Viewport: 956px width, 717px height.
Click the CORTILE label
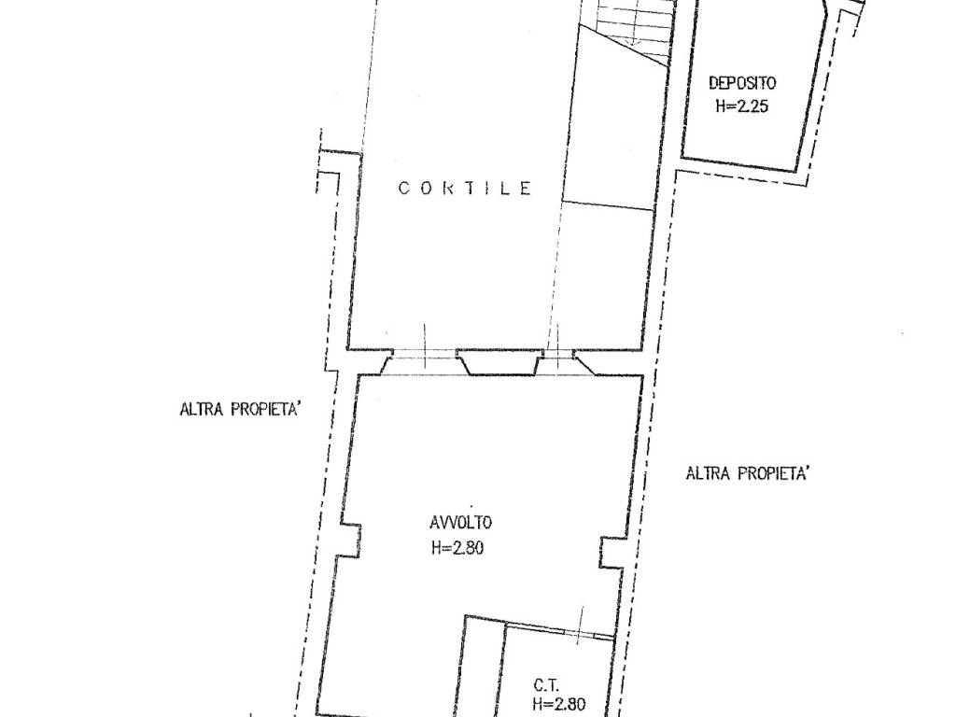click(x=465, y=188)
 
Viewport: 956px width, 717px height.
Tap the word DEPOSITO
click(x=742, y=82)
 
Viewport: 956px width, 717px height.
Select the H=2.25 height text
click(x=742, y=106)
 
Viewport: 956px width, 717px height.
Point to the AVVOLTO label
click(x=460, y=523)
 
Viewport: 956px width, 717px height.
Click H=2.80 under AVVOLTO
click(x=457, y=548)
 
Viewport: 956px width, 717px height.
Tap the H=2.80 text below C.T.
click(x=558, y=705)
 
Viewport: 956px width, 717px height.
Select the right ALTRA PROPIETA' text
click(x=748, y=473)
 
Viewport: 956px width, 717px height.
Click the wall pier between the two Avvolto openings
click(x=500, y=362)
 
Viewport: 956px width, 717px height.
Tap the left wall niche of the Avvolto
click(x=350, y=540)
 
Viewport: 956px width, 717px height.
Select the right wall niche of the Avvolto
click(x=610, y=553)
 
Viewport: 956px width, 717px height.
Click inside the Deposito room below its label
click(x=740, y=137)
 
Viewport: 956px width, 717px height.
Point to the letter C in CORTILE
click(x=403, y=188)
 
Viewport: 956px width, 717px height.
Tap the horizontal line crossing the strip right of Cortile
click(x=607, y=205)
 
